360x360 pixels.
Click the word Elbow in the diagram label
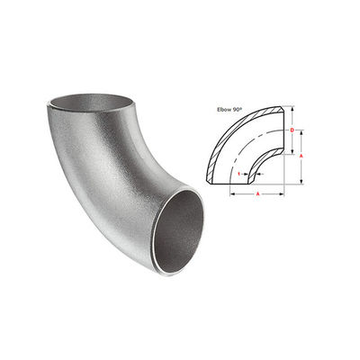tap(222, 109)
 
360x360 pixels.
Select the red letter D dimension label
tap(292, 130)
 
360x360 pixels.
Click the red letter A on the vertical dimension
tap(301, 156)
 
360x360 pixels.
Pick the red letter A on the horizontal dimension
tap(257, 193)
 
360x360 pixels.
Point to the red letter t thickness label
tap(238, 174)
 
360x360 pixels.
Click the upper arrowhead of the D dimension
tap(292, 108)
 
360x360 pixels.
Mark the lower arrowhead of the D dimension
tap(292, 152)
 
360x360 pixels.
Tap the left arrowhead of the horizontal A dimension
tap(232, 193)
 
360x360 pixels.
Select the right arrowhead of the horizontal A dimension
tap(282, 193)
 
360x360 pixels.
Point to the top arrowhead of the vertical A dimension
tap(301, 132)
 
